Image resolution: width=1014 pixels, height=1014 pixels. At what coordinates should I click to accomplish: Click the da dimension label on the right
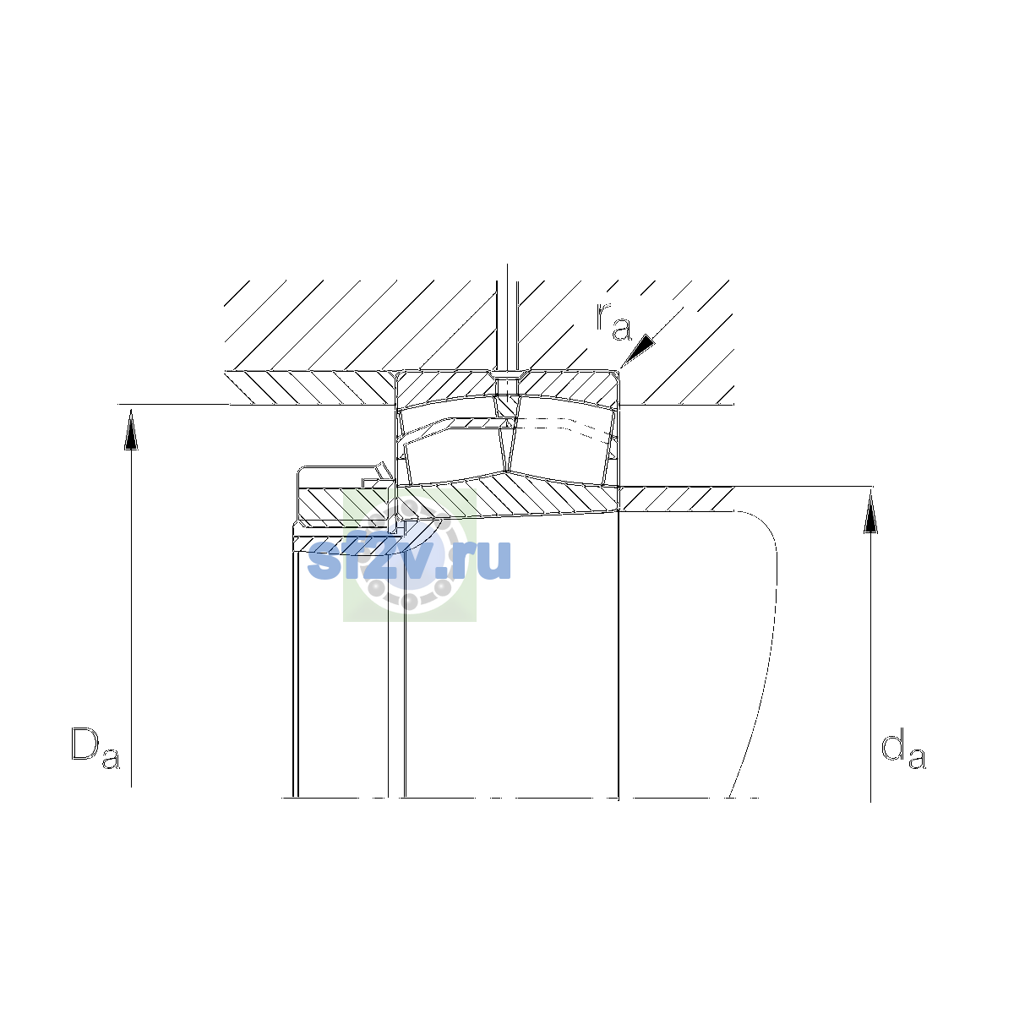pyautogui.click(x=903, y=749)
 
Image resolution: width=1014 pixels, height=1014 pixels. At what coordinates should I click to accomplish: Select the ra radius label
pyautogui.click(x=613, y=322)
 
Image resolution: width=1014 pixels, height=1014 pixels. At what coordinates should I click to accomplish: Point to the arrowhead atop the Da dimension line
pyautogui.click(x=131, y=429)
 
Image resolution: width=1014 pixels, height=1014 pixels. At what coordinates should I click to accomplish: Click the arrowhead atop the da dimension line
pyautogui.click(x=871, y=512)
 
